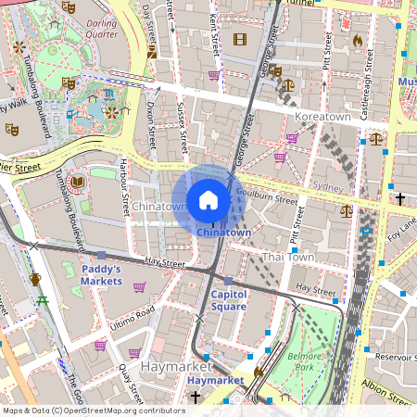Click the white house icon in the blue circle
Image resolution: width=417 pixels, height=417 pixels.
[x=208, y=199]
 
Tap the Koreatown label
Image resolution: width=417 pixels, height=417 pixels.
[x=322, y=118]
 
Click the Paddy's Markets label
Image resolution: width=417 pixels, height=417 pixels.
[x=102, y=274]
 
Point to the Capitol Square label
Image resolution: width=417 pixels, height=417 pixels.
[x=228, y=299]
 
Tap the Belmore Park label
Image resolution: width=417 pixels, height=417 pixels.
[x=303, y=360]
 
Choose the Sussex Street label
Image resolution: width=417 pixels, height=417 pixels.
[x=182, y=127]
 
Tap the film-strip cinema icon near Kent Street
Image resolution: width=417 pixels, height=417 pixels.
[x=240, y=39]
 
